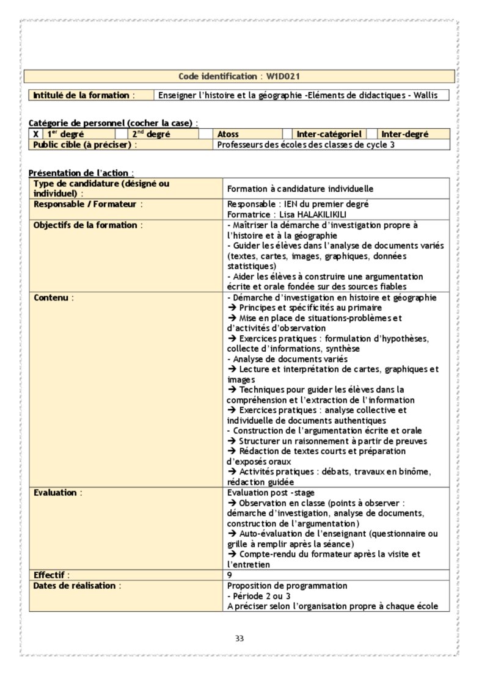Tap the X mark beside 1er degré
click(x=36, y=134)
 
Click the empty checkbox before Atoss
click(x=206, y=134)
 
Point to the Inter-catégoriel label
click(x=329, y=134)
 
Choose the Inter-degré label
click(x=405, y=134)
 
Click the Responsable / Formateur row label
click(x=88, y=204)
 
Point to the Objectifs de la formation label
click(x=88, y=225)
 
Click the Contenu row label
click(x=54, y=297)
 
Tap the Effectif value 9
click(x=230, y=575)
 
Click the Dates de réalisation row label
click(x=78, y=586)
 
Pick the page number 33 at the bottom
click(x=239, y=639)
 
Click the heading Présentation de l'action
click(x=81, y=173)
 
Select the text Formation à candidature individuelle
click(x=300, y=189)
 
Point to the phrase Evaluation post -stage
click(x=271, y=492)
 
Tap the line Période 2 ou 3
click(x=258, y=596)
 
